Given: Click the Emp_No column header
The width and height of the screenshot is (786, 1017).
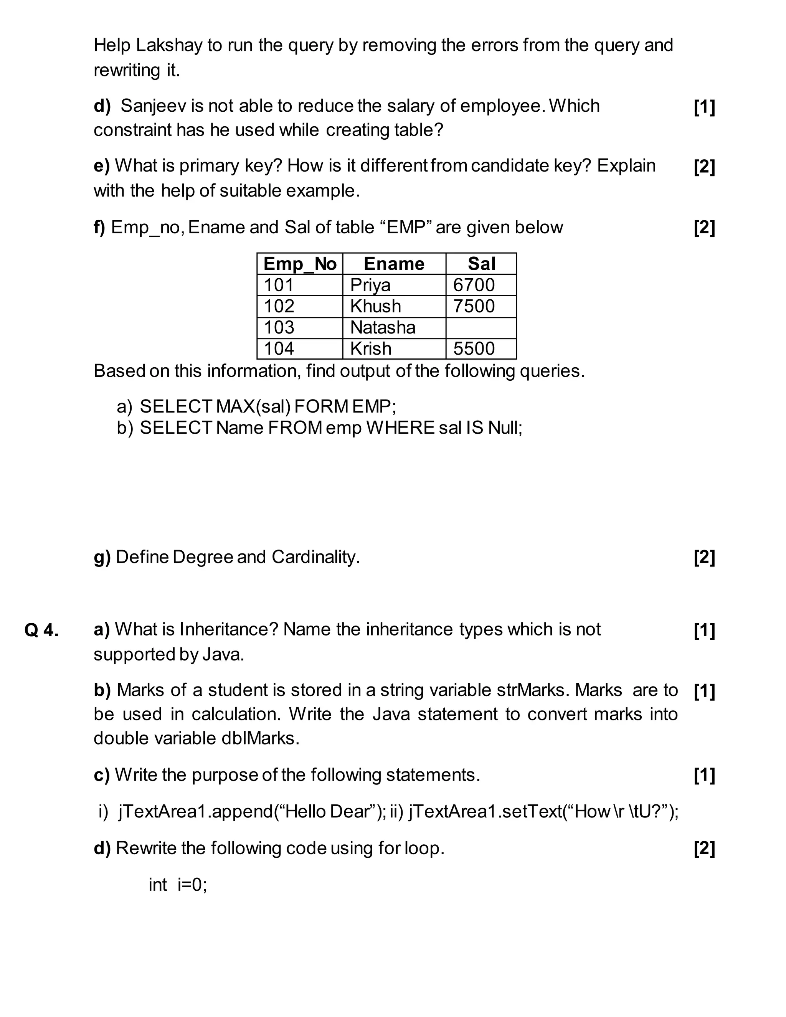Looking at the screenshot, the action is (x=299, y=264).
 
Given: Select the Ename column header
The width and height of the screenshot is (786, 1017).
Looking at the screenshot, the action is (x=394, y=264).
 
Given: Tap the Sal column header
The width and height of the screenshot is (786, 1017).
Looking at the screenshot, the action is (x=481, y=264).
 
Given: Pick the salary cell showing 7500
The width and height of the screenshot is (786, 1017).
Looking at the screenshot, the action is (x=474, y=306).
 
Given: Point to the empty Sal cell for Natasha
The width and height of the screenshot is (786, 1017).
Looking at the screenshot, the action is (x=481, y=328).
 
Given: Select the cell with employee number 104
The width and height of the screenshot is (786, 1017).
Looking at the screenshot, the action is (x=279, y=349).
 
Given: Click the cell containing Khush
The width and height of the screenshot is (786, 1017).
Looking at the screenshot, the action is (x=375, y=306).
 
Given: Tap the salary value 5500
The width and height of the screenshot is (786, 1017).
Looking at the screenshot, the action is (x=474, y=349).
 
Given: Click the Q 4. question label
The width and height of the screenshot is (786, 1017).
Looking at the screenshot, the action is (x=41, y=631).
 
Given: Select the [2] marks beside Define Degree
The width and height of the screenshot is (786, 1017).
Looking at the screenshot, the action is (x=704, y=557).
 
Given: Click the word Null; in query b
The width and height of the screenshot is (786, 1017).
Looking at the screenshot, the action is (x=505, y=428).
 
